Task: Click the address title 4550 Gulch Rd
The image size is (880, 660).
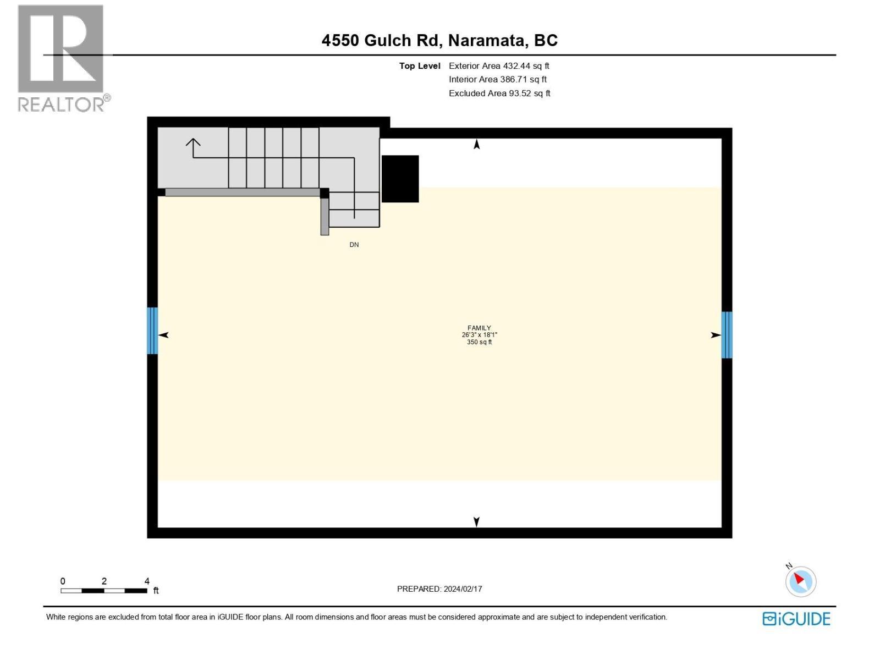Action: click(439, 40)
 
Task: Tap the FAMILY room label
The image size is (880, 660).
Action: click(479, 328)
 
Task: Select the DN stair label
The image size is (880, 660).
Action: click(354, 245)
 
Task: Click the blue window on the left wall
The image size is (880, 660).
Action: click(152, 331)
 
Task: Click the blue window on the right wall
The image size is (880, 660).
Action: click(727, 335)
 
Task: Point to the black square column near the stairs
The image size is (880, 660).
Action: click(400, 179)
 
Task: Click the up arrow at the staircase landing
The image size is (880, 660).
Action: click(193, 144)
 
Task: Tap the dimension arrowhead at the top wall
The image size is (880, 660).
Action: click(477, 145)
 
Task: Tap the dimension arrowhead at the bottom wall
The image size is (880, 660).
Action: click(477, 521)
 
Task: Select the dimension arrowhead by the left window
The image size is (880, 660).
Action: click(163, 335)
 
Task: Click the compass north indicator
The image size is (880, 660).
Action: click(800, 581)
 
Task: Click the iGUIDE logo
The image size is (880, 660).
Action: click(796, 619)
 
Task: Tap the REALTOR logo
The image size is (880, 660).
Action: click(62, 58)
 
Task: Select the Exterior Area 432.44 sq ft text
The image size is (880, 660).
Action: click(499, 66)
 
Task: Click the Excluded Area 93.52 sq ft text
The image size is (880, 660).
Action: click(499, 94)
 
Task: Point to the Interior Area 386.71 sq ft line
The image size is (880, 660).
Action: click(498, 80)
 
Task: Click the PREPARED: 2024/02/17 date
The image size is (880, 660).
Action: click(439, 589)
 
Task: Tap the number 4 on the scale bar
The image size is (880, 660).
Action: click(147, 581)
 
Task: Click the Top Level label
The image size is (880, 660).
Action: click(420, 66)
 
